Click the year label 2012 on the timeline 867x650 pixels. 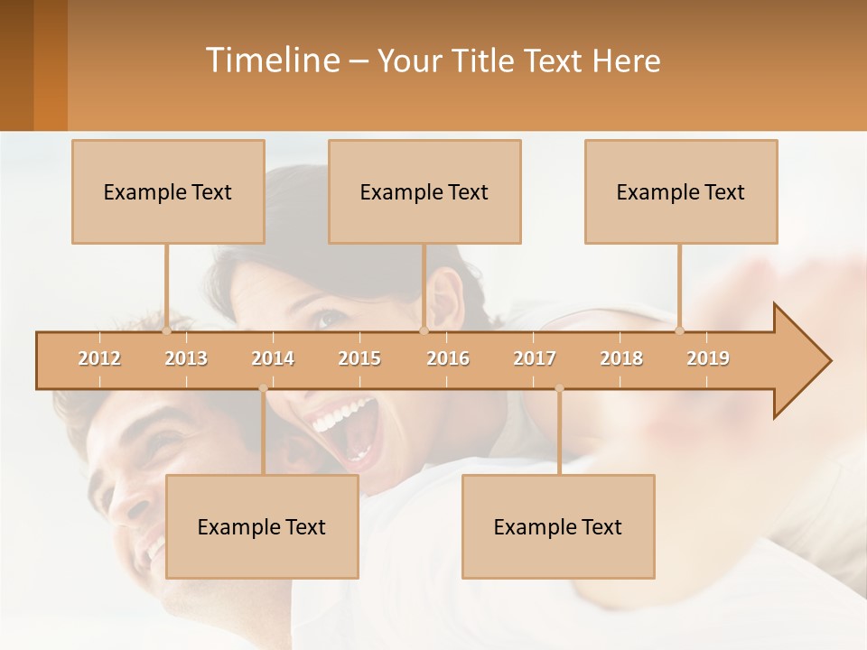99,358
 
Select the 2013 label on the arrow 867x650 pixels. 186,358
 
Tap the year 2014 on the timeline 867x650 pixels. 273,358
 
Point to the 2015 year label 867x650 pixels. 359,358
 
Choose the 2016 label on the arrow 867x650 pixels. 448,358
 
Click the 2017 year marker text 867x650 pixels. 535,358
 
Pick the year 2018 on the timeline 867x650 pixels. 621,358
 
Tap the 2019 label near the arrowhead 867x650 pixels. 708,358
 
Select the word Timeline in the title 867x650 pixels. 271,60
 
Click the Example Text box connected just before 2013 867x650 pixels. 168,191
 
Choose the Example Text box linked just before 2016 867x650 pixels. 424,191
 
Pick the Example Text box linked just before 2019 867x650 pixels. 681,191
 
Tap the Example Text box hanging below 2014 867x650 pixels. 262,526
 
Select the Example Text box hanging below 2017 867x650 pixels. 558,526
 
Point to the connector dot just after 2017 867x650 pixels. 559,388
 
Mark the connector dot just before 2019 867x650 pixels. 680,330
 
